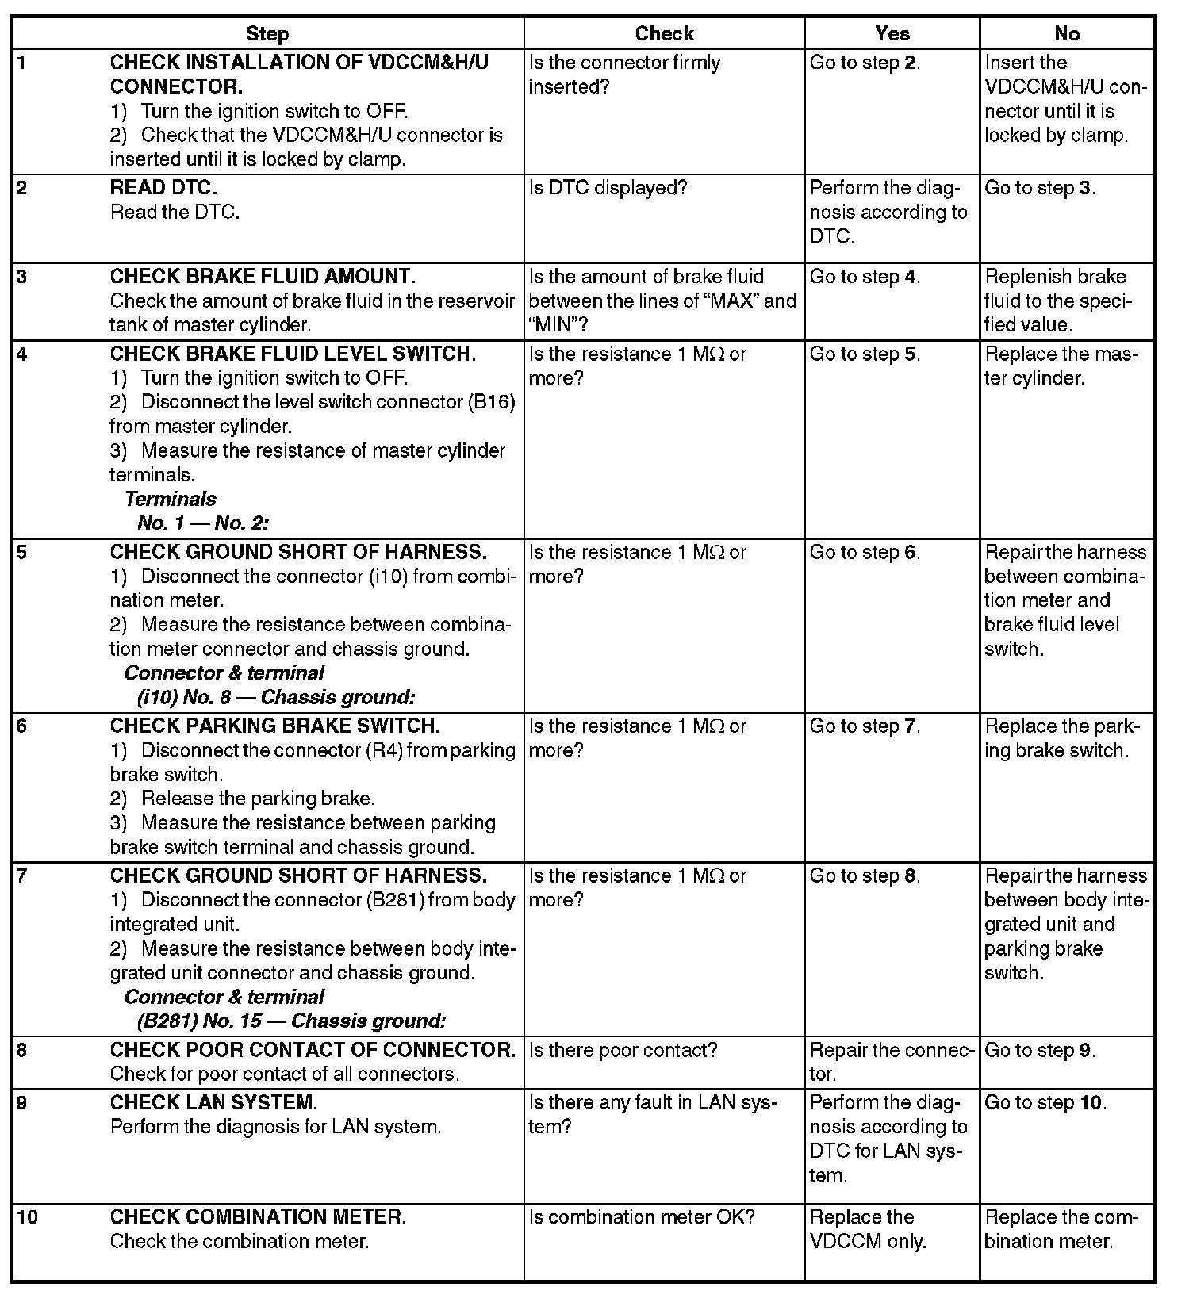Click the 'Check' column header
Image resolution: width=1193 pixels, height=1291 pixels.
[664, 33]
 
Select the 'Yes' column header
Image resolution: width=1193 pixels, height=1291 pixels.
[892, 33]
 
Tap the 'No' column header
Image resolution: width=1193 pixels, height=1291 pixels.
[1067, 33]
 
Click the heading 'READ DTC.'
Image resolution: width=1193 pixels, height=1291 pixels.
[163, 188]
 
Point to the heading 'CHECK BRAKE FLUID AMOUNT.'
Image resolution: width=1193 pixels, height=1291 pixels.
[263, 277]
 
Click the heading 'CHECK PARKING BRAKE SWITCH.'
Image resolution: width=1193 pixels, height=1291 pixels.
[274, 726]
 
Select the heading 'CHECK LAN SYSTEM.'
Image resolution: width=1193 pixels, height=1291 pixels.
[213, 1103]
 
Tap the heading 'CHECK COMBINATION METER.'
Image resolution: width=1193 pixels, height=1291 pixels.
[258, 1217]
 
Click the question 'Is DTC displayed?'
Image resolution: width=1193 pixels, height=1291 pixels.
[608, 188]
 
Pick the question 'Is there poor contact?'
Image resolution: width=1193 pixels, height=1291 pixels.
[623, 1051]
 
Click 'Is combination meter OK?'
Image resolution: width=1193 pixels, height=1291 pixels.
[642, 1217]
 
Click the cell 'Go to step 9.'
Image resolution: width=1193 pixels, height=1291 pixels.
[1040, 1051]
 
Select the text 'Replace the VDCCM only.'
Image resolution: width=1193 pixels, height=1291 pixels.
[868, 1229]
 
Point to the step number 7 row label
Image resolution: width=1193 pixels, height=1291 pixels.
[21, 876]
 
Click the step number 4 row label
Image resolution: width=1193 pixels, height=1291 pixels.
[21, 354]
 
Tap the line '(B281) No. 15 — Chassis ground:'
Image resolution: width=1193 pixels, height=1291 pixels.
[291, 1021]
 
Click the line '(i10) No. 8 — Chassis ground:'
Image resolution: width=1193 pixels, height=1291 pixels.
[276, 698]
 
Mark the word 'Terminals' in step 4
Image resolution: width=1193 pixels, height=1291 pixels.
[171, 499]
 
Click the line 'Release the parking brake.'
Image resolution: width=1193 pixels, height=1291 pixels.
[258, 799]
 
